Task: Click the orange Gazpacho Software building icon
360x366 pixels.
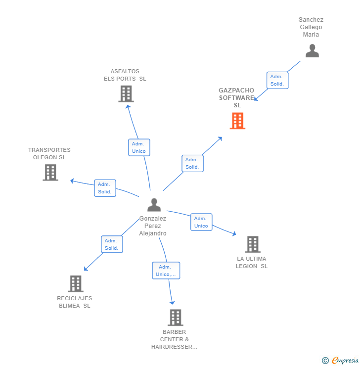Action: point(237,121)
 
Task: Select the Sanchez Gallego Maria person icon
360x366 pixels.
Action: point(312,51)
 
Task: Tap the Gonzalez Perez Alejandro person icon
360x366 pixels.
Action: point(154,205)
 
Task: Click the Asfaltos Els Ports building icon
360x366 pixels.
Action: point(126,93)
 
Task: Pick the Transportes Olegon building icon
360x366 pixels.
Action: point(50,172)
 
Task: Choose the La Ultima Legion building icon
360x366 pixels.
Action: point(253,244)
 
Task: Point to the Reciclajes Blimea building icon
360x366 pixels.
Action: point(76,283)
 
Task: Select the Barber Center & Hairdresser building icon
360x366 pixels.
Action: point(175,317)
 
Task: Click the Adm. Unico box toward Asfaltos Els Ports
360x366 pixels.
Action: point(139,147)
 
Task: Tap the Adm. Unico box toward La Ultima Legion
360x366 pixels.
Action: point(201,222)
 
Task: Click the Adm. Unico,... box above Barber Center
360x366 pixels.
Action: point(166,271)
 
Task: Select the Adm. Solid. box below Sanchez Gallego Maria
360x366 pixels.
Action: point(277,80)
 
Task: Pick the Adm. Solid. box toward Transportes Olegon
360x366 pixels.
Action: point(105,188)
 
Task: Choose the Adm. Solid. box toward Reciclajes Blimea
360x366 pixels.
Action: point(112,244)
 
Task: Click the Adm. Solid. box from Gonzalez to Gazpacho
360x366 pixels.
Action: point(192,163)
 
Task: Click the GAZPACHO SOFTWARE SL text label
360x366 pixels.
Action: point(237,97)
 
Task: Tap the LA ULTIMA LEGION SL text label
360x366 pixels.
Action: point(252,262)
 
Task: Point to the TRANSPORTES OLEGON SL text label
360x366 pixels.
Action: point(49,153)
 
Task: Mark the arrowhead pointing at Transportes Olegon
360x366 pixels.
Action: point(72,181)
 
